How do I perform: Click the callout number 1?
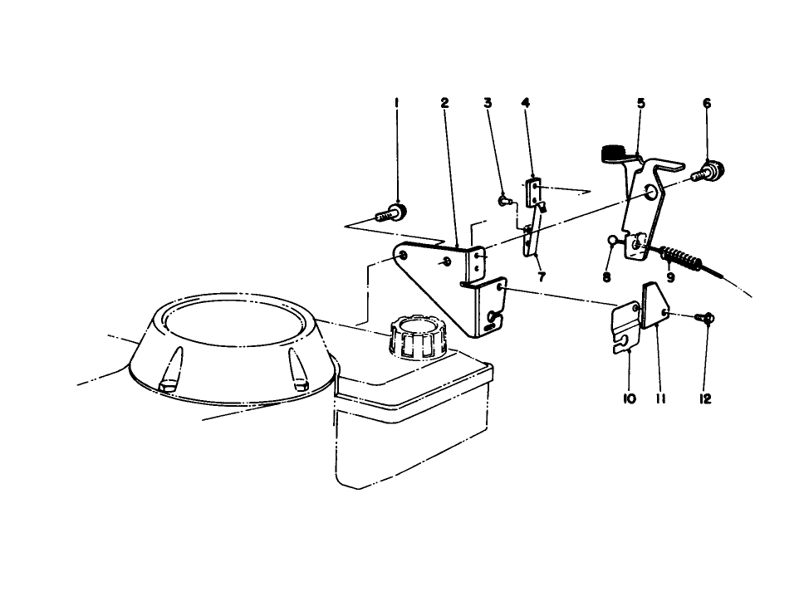point(396,103)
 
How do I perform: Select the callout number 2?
point(444,103)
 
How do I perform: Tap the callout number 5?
point(641,103)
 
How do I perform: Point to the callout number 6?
point(707,103)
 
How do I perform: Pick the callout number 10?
point(629,399)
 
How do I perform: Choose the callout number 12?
point(705,399)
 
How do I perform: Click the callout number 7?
point(542,277)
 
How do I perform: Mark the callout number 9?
point(670,277)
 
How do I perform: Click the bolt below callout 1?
point(391,213)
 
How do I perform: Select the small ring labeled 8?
point(613,242)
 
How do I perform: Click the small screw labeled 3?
point(503,199)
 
